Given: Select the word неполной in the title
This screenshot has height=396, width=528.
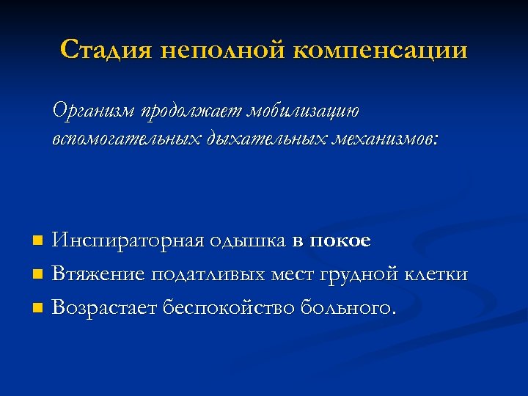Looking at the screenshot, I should [221, 50].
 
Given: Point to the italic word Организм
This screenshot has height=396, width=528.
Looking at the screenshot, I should [95, 111].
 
